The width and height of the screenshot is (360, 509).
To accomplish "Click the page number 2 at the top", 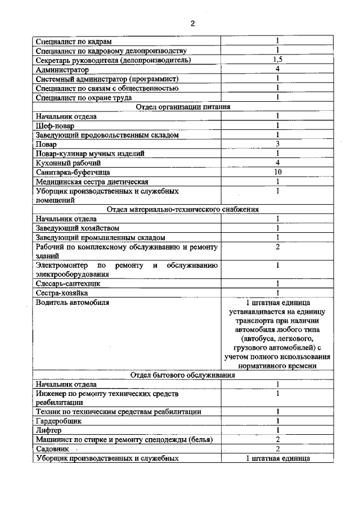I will click(192, 24).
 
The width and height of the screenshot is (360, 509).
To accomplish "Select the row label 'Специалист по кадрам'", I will click(74, 42).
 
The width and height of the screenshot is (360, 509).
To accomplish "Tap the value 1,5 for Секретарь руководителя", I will click(277, 60).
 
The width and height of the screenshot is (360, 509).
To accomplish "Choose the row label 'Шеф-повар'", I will click(55, 125).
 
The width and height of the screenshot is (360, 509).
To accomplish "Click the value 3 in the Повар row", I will click(277, 144).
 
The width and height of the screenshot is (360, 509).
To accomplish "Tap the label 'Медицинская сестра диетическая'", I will click(92, 182).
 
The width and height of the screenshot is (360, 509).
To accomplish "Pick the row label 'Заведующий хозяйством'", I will click(77, 228).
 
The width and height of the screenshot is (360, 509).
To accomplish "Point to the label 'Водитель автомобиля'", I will click(72, 302).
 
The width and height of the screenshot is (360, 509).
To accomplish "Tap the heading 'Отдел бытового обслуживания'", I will click(183, 375).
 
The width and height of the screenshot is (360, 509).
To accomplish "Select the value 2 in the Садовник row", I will click(277, 449).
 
